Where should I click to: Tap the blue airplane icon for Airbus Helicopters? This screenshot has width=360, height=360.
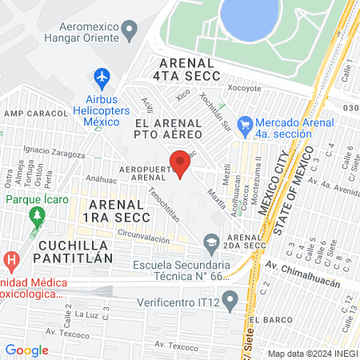click(x=102, y=78)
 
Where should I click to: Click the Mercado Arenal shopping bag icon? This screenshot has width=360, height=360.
click(x=246, y=125)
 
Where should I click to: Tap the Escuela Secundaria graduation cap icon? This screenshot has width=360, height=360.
click(x=211, y=242)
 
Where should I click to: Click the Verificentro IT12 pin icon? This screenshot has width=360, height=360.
click(x=231, y=301)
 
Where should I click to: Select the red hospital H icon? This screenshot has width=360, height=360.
click(x=10, y=260)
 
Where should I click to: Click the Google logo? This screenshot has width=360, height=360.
click(x=27, y=350)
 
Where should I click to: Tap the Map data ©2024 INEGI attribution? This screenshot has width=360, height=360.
click(x=312, y=353)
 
